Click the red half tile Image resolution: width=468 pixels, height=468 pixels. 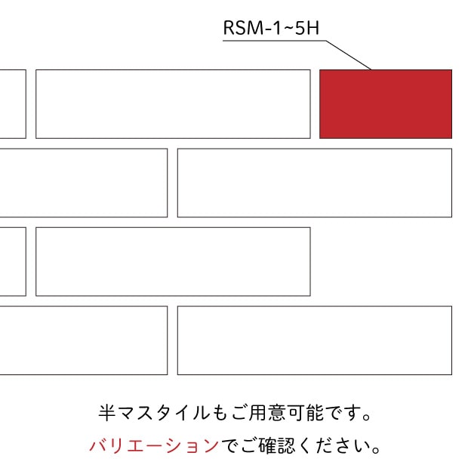[x=386, y=104]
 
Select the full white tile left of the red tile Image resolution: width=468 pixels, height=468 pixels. [x=173, y=104]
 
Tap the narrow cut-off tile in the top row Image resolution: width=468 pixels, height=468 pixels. [x=13, y=104]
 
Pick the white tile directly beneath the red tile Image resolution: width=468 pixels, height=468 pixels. [x=315, y=183]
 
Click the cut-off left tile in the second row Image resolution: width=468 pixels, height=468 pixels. [x=84, y=183]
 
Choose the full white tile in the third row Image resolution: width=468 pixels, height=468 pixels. [x=173, y=262]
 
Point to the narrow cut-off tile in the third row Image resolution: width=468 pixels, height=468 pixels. [x=13, y=262]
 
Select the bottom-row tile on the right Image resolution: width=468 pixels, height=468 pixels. [x=315, y=340]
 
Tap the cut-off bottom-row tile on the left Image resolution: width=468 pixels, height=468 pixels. [x=84, y=340]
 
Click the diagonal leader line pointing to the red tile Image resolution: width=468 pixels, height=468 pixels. [x=349, y=55]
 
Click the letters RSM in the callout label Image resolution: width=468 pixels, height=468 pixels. [x=243, y=28]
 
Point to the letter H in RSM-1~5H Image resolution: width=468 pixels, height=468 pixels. [x=313, y=28]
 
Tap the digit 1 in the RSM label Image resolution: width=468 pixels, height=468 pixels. [x=277, y=28]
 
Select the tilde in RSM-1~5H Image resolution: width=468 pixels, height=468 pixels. [x=288, y=28]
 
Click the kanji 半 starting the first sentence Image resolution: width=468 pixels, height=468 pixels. [x=107, y=413]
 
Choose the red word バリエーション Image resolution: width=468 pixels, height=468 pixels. [x=154, y=445]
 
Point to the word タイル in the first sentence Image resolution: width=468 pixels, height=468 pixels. [x=183, y=413]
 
